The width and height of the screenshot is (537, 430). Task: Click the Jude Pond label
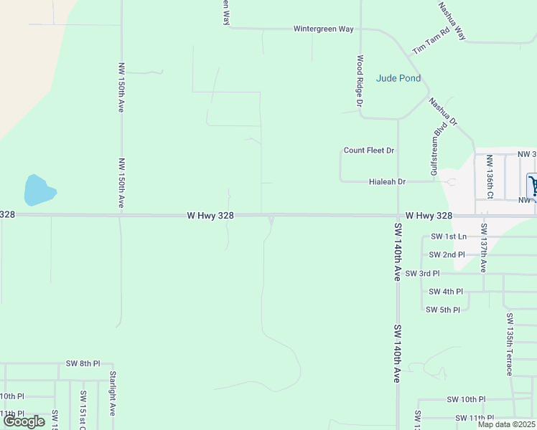(398, 78)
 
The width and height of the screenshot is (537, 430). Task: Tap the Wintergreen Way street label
(324, 29)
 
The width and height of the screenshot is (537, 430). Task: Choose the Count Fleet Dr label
(369, 150)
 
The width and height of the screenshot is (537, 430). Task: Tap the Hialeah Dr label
(387, 182)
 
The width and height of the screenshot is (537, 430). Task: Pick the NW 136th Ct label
(489, 176)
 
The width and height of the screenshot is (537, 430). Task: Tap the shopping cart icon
(533, 186)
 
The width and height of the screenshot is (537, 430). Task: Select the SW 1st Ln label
(449, 236)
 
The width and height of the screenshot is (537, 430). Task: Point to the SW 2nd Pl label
(447, 255)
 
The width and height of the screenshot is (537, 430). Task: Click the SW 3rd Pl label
(423, 274)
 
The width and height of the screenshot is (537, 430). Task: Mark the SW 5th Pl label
(443, 310)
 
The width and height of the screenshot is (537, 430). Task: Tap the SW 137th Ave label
(484, 248)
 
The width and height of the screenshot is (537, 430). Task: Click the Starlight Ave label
(113, 393)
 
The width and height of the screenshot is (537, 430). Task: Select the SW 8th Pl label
(83, 364)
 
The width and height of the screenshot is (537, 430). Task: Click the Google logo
(24, 421)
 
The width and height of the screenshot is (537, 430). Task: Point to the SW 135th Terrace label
(509, 344)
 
